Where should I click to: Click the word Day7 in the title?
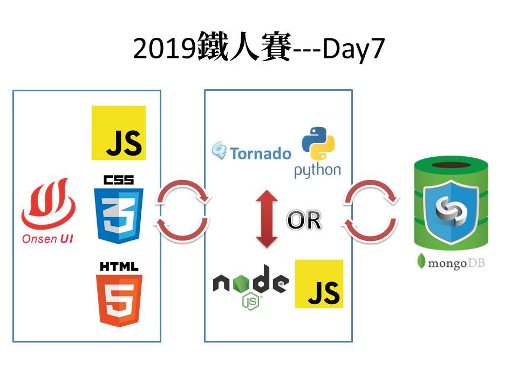click(353, 49)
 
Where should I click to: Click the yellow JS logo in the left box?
click(119, 133)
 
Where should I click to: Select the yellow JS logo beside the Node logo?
click(319, 284)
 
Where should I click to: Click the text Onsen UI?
click(48, 238)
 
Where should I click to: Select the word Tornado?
click(261, 153)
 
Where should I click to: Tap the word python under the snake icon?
click(317, 171)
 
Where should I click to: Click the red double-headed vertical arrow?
click(267, 218)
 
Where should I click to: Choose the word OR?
click(304, 220)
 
